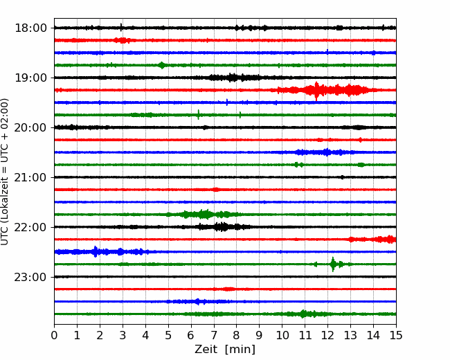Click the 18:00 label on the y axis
coord(30,28)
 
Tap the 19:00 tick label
coord(30,78)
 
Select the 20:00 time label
coord(30,127)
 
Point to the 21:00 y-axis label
coord(30,177)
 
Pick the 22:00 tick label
coord(30,227)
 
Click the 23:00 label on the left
coord(30,277)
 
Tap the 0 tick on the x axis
coord(54,335)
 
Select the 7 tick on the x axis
coord(213,335)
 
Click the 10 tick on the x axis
coord(282,335)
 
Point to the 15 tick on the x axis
coord(396,335)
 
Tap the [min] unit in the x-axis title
coord(240,350)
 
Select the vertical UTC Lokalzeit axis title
coord(5,172)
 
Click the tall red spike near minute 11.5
coord(316,91)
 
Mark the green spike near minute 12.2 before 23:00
coord(333,264)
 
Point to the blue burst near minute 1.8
coord(96,252)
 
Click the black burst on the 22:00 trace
coord(222,227)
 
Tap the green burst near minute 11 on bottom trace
coord(303,314)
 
